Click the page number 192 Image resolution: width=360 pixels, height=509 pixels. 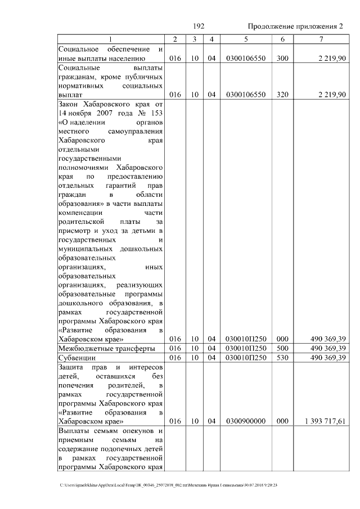(198, 27)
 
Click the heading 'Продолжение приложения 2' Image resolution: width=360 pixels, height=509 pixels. (295, 27)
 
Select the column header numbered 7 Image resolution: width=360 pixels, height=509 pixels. (321, 39)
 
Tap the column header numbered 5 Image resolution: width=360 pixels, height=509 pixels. (246, 39)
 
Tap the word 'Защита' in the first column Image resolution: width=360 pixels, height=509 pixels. (71, 367)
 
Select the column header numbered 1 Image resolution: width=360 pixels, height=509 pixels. (111, 39)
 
